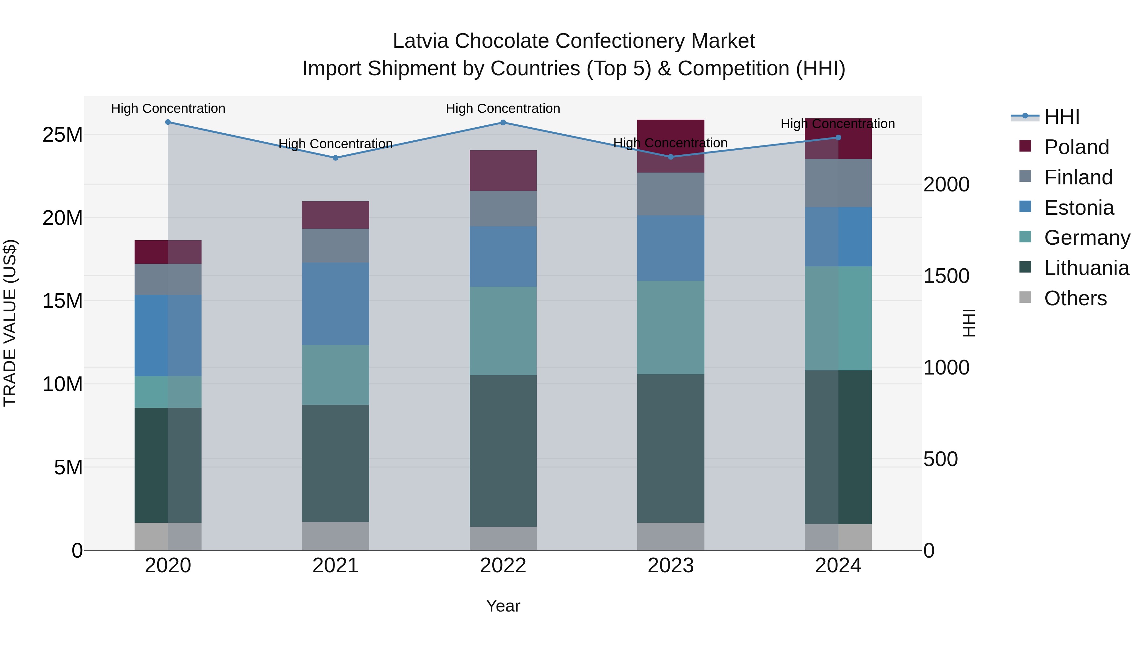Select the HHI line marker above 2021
[x=335, y=158]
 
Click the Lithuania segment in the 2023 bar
[x=670, y=448]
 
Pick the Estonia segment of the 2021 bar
[x=335, y=304]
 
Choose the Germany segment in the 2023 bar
[x=670, y=327]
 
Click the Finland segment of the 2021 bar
[x=335, y=246]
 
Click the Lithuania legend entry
[x=1086, y=268]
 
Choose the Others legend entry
[x=1075, y=298]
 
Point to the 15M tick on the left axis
[x=63, y=301]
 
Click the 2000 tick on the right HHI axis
[x=946, y=185]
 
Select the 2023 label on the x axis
[x=670, y=566]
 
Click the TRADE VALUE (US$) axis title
[x=10, y=323]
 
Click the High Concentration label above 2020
[x=168, y=108]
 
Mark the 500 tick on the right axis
[x=940, y=459]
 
